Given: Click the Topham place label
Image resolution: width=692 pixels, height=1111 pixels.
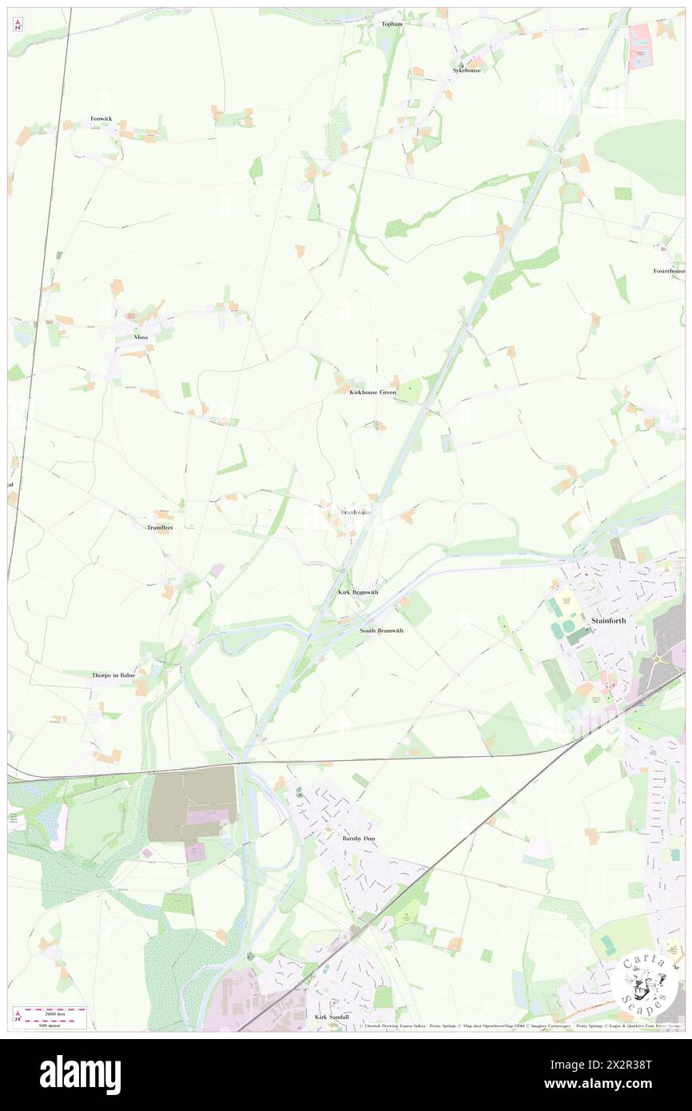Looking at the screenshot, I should [x=392, y=24].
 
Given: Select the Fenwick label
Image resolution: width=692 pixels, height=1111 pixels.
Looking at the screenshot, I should [x=101, y=119].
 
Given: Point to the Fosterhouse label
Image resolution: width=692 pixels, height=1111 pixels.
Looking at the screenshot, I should [x=669, y=271].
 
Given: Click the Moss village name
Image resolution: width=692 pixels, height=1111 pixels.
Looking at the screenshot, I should [x=141, y=337].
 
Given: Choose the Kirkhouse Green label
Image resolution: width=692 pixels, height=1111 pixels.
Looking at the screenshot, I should [x=372, y=392].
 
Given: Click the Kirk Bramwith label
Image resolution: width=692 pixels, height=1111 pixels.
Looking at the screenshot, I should [x=358, y=592].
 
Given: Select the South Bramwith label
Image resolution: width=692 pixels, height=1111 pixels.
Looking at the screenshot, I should [x=381, y=631].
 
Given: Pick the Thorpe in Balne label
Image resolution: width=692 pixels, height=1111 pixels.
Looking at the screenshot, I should [x=113, y=675].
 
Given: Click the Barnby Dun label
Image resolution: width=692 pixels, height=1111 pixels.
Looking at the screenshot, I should [x=358, y=838].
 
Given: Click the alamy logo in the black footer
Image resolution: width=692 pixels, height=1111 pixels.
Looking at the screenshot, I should [x=80, y=1074].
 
